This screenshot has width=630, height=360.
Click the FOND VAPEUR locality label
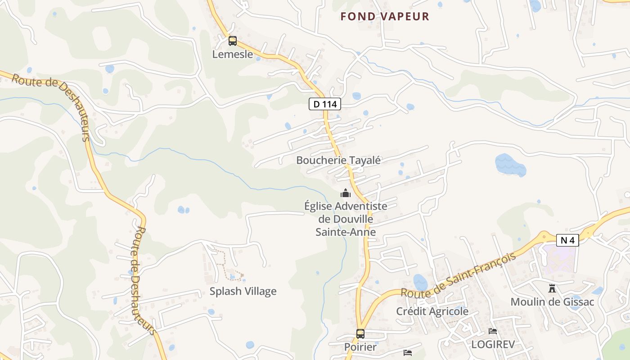(x=385, y=17)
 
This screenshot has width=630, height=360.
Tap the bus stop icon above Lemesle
(x=232, y=41)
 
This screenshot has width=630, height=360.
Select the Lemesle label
(x=233, y=54)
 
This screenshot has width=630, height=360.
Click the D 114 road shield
(x=325, y=104)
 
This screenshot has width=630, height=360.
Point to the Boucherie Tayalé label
(x=338, y=160)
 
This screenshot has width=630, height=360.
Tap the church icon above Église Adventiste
(x=345, y=193)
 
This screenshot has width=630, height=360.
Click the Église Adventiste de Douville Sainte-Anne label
(x=346, y=219)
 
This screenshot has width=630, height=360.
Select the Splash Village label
(x=243, y=291)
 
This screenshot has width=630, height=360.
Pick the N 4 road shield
(x=567, y=240)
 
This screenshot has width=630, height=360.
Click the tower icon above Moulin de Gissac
(x=552, y=288)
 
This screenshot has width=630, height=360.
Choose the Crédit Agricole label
(x=432, y=311)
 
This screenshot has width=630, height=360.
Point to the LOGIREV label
(x=493, y=345)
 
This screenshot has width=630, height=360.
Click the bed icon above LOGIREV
(x=493, y=331)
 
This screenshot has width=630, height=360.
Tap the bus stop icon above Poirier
(x=360, y=334)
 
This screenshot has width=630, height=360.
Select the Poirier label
(x=360, y=347)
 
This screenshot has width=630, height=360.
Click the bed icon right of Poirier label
(x=408, y=352)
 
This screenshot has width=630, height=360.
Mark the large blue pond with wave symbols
(x=510, y=165)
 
